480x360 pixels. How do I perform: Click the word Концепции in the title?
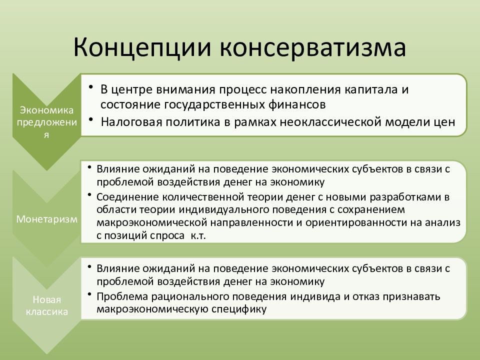coord(142,48)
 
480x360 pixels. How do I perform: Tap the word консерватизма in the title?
coord(313,48)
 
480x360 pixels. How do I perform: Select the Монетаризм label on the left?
coord(47,219)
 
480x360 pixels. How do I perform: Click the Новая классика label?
coord(47,305)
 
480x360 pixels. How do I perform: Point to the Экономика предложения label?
coord(47,122)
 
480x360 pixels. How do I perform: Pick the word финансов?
coord(297,104)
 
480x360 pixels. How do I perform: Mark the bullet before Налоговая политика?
coord(91,119)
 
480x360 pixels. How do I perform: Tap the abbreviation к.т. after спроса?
coord(198,235)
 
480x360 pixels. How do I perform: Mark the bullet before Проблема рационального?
coord(89,294)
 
